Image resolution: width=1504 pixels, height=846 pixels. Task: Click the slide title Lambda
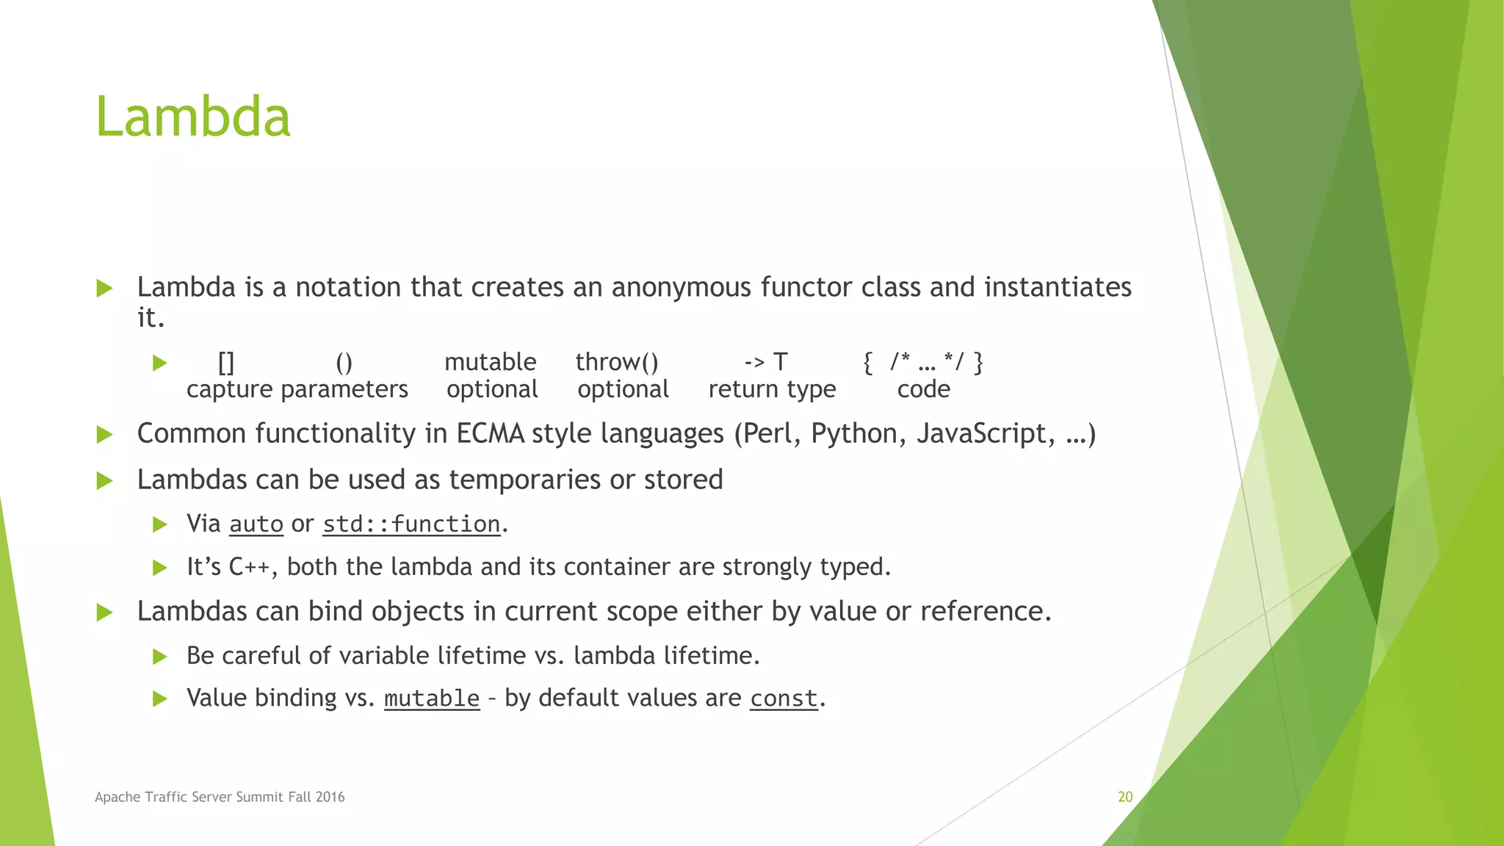coord(193,117)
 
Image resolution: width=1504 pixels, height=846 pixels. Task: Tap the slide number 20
coord(1125,797)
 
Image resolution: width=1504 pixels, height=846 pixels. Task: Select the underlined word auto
coord(256,524)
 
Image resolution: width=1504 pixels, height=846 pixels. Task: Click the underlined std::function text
coord(411,524)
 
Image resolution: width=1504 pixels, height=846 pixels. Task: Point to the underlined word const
coord(784,698)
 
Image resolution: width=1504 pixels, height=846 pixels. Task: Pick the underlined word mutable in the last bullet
coord(432,698)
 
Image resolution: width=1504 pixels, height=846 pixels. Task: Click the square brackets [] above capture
coord(226,362)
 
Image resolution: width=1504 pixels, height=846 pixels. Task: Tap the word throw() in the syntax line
coord(616,362)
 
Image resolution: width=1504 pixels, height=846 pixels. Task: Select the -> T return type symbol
coord(765,362)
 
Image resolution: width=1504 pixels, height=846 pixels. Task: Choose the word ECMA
coord(490,433)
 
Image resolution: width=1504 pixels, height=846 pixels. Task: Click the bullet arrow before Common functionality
coord(105,434)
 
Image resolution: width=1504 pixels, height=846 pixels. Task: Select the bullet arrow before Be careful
coord(159,656)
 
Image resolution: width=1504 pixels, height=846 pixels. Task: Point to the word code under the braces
coord(923,389)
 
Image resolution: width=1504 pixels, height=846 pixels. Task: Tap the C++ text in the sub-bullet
coord(249,567)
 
